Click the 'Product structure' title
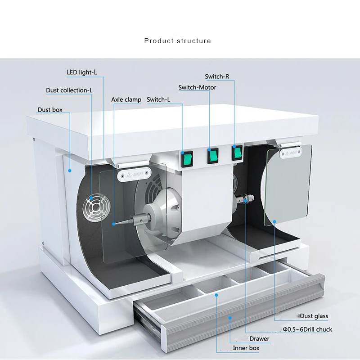coord(177,41)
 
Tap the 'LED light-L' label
coord(82,72)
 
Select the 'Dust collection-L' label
coord(69,90)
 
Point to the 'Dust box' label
coord(50,110)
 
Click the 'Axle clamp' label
coord(126,99)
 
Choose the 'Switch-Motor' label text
coord(197,87)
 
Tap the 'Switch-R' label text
coord(217,76)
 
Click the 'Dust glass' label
coord(314,316)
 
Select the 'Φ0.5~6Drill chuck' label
coord(307,329)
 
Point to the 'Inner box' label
coord(246,348)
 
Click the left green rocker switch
coord(187,159)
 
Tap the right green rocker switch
coord(237,153)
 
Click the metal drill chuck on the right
coord(245,198)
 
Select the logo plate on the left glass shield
coord(134,175)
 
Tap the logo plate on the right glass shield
coord(291,153)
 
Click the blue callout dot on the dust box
coord(70,171)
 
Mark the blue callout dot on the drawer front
coord(229,318)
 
